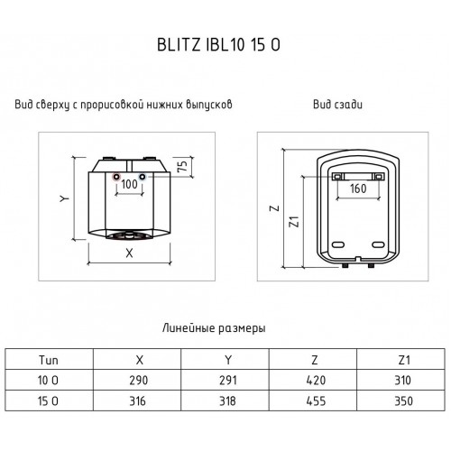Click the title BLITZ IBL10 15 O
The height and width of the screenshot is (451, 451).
(x=218, y=45)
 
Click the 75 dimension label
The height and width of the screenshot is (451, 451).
(x=182, y=166)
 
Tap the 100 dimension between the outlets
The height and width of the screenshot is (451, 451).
(x=129, y=184)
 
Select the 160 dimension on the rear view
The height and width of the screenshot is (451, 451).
(x=358, y=189)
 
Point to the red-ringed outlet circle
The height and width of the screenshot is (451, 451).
(x=116, y=177)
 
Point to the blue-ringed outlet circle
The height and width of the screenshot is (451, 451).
(x=143, y=177)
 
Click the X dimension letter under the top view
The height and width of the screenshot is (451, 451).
(x=129, y=253)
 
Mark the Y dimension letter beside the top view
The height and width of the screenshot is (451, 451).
(x=64, y=198)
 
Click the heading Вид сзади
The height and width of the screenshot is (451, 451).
(x=337, y=105)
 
